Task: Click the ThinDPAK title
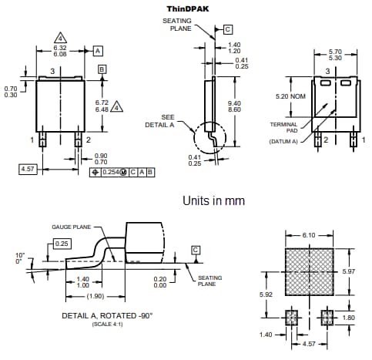(186, 8)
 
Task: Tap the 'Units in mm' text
(213, 200)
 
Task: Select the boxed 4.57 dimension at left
(28, 168)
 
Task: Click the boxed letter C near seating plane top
(227, 29)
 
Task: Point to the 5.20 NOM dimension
(292, 97)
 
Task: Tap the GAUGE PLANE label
(72, 227)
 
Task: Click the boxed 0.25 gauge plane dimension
(62, 244)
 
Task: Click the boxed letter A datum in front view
(98, 50)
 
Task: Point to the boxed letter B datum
(102, 69)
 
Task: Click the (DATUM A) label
(283, 141)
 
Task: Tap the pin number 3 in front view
(52, 71)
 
